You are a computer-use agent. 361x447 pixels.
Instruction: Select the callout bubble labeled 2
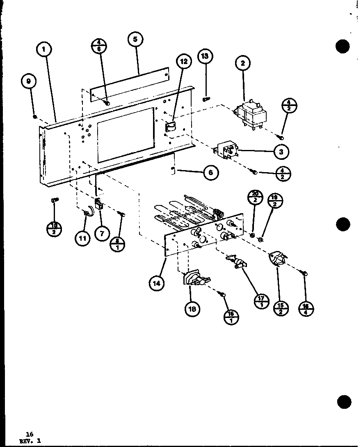pos(243,63)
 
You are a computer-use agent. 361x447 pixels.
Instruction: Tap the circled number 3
pos(281,152)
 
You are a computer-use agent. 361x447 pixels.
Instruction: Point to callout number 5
pos(135,40)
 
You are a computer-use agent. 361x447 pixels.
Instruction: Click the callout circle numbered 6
pos(210,173)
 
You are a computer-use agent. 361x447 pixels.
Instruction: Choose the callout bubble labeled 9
pos(28,81)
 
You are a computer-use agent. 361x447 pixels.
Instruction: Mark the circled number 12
pos(184,62)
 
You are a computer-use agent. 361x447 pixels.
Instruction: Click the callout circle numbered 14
pos(157,283)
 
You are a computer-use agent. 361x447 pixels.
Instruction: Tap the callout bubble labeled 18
pos(192,309)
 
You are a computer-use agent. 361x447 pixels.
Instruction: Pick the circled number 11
pos(83,238)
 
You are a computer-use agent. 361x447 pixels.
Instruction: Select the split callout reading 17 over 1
pos(261,301)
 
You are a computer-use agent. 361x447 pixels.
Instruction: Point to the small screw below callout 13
pos(206,99)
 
